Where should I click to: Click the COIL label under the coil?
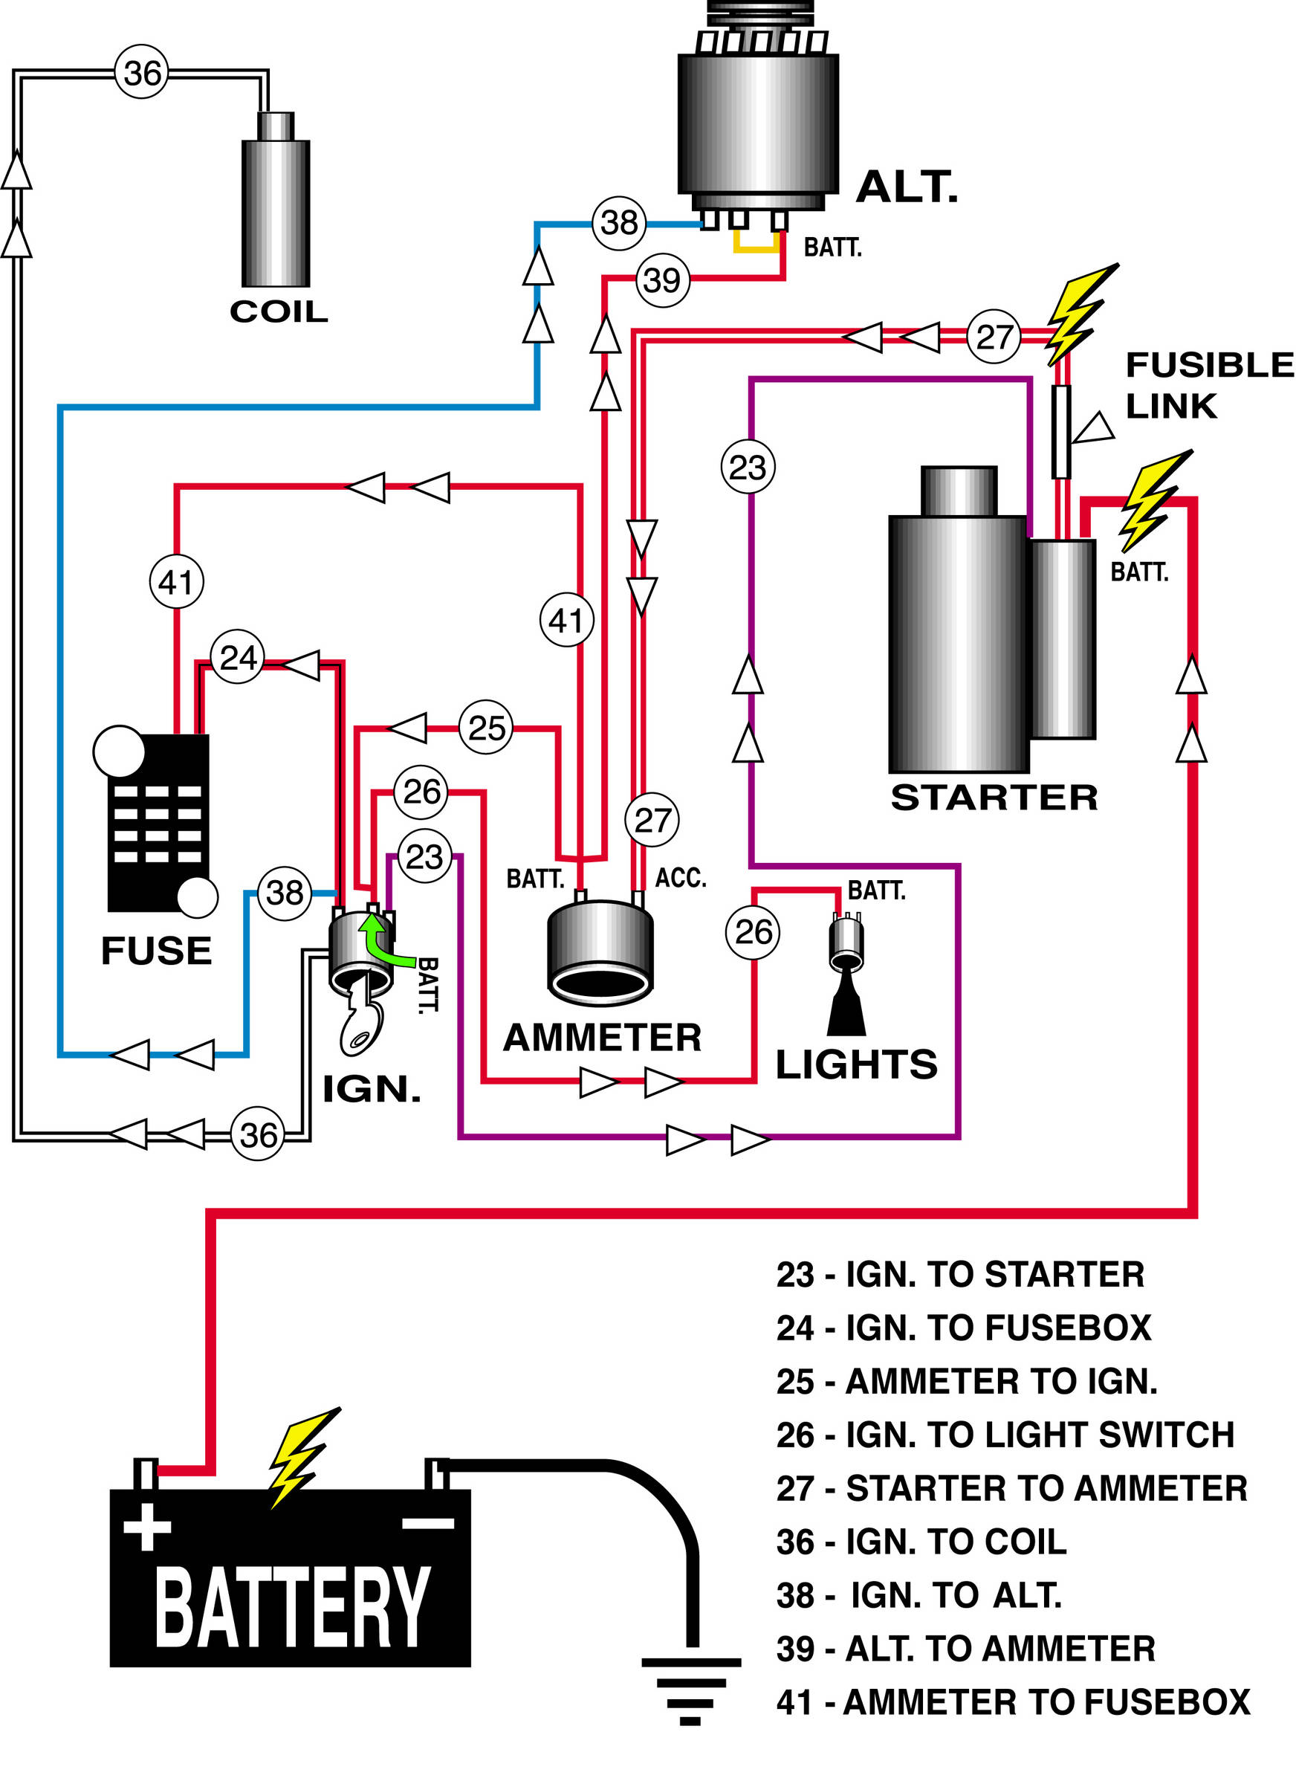[x=279, y=311]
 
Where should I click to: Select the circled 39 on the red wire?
[x=662, y=280]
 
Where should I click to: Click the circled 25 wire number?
[x=486, y=728]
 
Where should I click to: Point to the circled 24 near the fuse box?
[x=238, y=657]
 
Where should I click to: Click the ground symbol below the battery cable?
[x=690, y=1690]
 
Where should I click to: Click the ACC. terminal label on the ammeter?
[x=680, y=878]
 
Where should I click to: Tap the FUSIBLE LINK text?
[x=1207, y=386]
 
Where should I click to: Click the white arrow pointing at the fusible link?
[x=1094, y=429]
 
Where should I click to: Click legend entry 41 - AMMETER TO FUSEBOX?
[x=1012, y=1702]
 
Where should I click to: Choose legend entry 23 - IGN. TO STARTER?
[x=959, y=1274]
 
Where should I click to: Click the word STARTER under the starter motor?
[x=994, y=798]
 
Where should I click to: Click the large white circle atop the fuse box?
[x=120, y=752]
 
